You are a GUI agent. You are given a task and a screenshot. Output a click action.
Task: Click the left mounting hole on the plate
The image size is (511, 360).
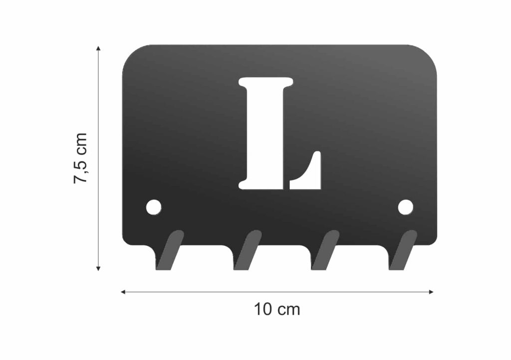click(x=154, y=207)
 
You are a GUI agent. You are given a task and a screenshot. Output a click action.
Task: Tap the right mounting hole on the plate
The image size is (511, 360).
click(x=405, y=207)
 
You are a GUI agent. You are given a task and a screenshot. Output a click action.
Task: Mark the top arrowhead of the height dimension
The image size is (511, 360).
click(x=98, y=48)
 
